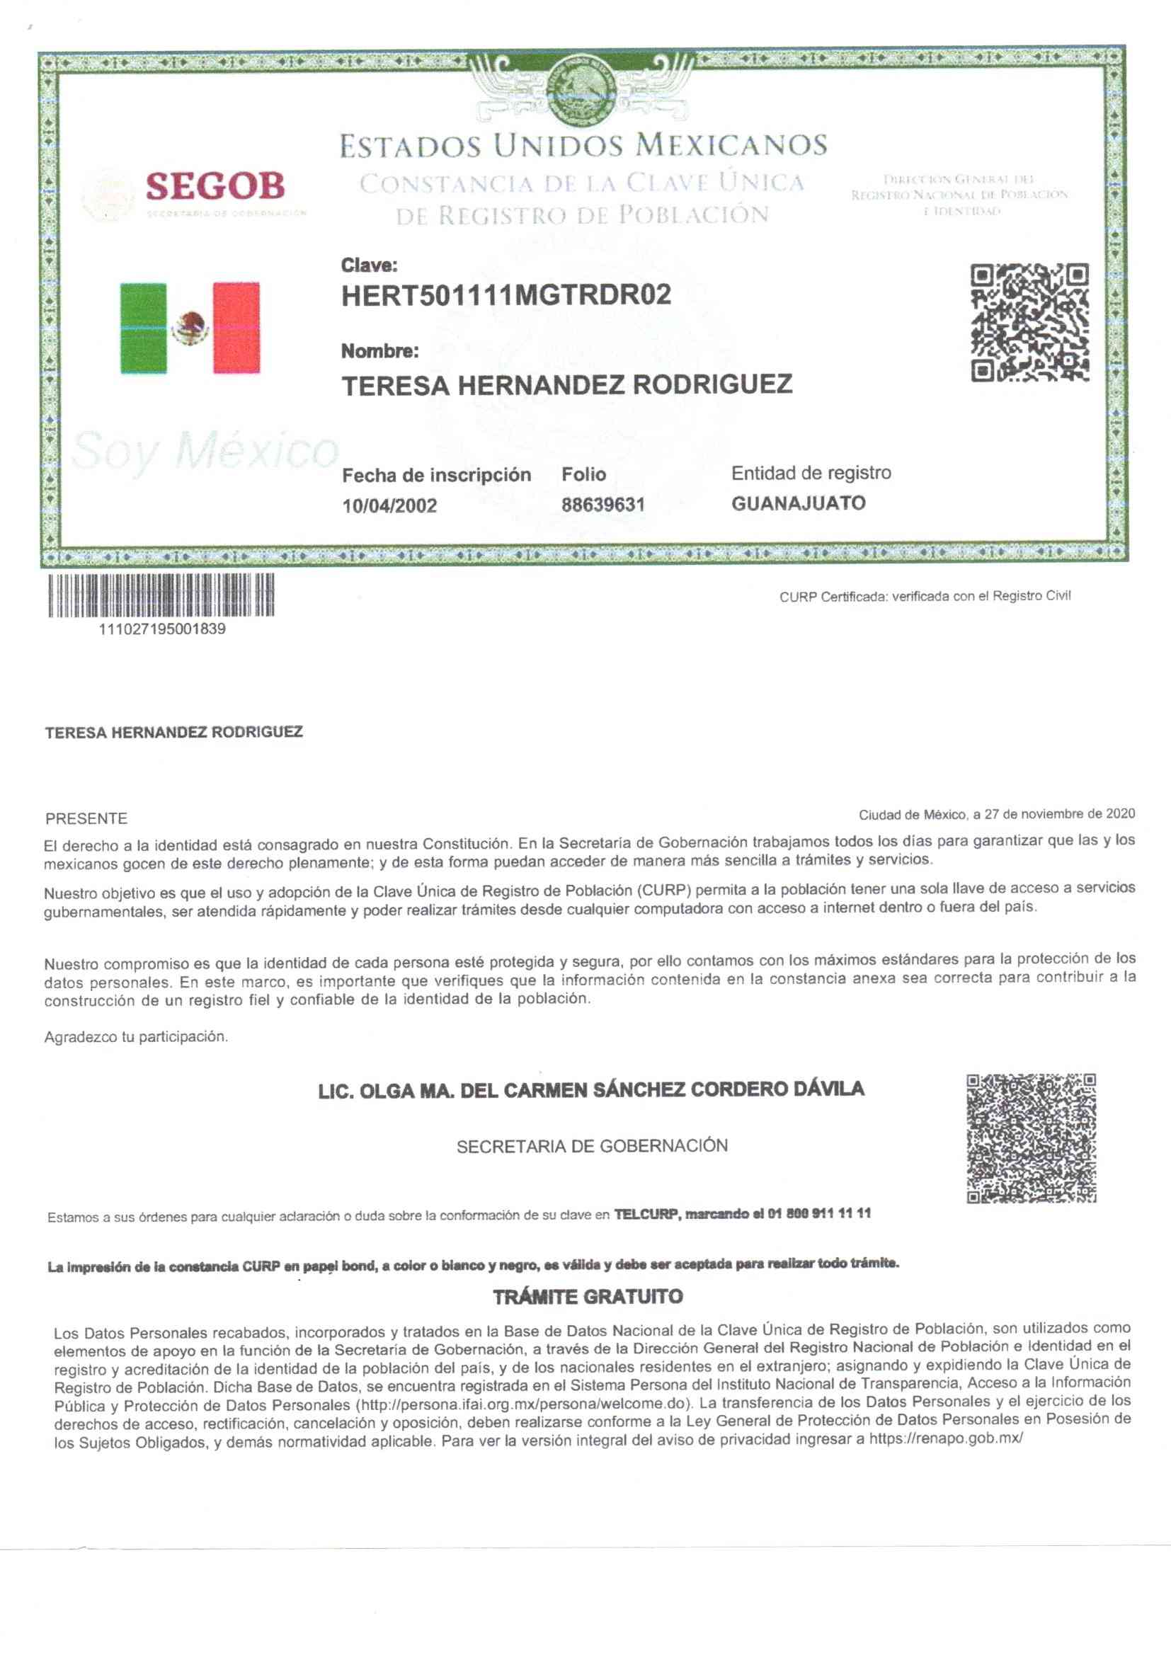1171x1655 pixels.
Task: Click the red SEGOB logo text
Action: coord(215,186)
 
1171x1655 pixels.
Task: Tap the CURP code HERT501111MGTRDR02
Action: coord(505,294)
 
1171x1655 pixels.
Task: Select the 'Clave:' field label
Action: coord(368,265)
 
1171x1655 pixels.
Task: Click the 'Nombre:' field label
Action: coord(379,351)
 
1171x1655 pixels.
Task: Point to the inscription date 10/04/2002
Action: coord(389,505)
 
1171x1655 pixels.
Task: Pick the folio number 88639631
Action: coord(602,505)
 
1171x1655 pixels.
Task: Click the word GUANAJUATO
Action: coord(798,503)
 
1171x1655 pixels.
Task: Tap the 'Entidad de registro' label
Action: coord(811,473)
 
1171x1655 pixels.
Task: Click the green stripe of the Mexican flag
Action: coord(143,328)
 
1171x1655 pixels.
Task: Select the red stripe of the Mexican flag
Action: coord(236,328)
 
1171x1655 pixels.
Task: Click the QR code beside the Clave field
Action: coord(1029,323)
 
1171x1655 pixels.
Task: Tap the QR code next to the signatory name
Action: coord(1030,1138)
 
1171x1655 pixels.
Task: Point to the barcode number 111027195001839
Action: coord(162,629)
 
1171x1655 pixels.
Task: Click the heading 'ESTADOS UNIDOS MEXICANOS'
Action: coord(583,146)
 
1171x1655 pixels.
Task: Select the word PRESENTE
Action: coord(86,819)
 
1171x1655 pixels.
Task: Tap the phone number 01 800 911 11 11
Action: coord(819,1214)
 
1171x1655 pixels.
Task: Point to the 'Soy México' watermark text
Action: coord(205,451)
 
